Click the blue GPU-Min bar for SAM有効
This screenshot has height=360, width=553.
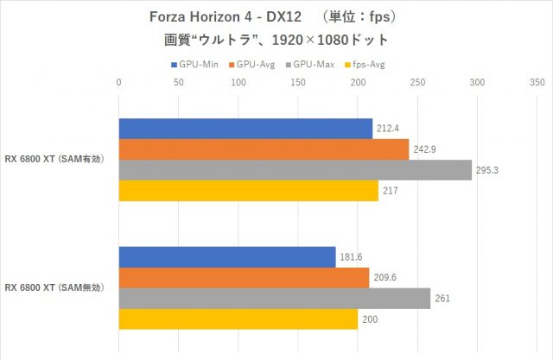click(x=245, y=129)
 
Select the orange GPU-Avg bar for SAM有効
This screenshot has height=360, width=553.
click(x=264, y=149)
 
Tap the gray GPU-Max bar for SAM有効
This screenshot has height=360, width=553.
click(x=295, y=170)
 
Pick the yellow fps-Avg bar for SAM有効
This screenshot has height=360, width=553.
click(x=248, y=191)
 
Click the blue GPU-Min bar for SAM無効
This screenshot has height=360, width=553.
click(x=226, y=256)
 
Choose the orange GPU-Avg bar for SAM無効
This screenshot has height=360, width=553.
click(x=244, y=277)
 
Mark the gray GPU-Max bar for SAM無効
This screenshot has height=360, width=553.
click(x=274, y=298)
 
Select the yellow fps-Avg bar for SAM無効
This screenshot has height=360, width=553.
click(x=238, y=319)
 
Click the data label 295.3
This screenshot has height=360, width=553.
click(x=487, y=171)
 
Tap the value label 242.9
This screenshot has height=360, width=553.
click(x=425, y=150)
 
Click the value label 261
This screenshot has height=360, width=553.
click(x=442, y=299)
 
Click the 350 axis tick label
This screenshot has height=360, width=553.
click(x=537, y=83)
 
